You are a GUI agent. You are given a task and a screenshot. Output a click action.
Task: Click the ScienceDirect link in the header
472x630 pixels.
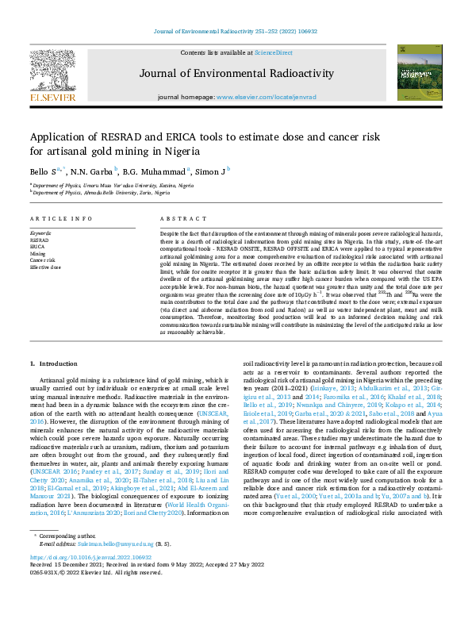click(x=272, y=52)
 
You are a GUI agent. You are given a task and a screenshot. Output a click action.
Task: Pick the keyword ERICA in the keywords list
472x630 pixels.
click(x=38, y=246)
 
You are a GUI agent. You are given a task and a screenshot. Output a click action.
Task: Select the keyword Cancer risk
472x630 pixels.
click(x=44, y=260)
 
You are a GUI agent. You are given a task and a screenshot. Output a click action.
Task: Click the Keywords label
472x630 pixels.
click(x=41, y=232)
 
